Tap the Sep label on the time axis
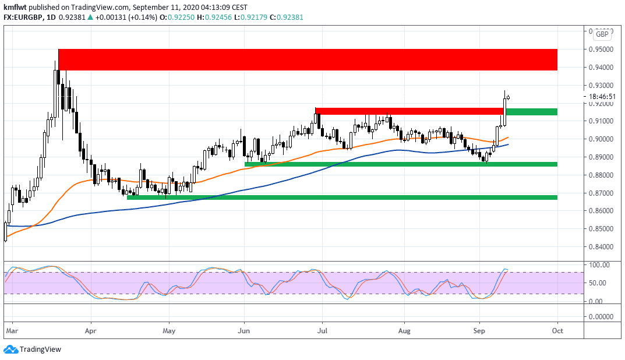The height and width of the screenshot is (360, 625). [479, 330]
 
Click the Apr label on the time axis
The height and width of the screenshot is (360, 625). [91, 330]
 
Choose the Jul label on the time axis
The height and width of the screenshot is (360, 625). [321, 330]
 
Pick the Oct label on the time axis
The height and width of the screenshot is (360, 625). [557, 330]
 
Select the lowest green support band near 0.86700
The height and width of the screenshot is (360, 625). [342, 197]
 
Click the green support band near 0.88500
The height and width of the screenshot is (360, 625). [401, 164]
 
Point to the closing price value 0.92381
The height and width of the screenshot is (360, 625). [82, 17]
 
